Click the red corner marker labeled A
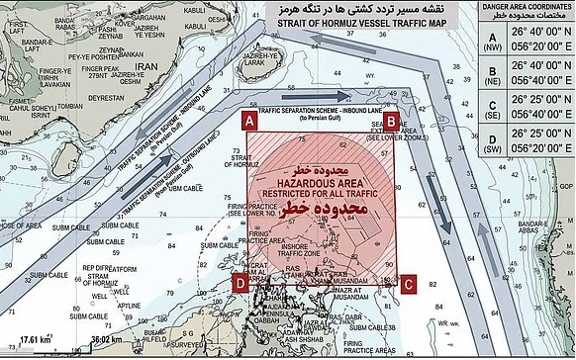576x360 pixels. coord(250,121)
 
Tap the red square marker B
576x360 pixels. coord(391,121)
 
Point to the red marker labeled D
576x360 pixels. coord(240,283)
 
